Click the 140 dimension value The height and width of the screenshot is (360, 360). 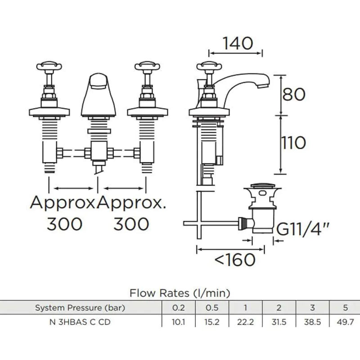tap(238, 43)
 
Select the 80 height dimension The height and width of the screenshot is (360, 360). tap(294, 94)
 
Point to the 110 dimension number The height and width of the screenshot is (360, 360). tap(294, 143)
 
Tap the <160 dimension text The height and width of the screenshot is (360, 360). tap(235, 260)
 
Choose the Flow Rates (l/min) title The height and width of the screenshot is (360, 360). tap(180, 293)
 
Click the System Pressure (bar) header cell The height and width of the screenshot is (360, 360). tap(80, 308)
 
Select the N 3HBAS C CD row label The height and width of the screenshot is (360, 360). tap(80, 322)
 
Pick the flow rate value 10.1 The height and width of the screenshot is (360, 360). tap(178, 322)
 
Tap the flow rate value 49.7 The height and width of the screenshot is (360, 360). tap(345, 322)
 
